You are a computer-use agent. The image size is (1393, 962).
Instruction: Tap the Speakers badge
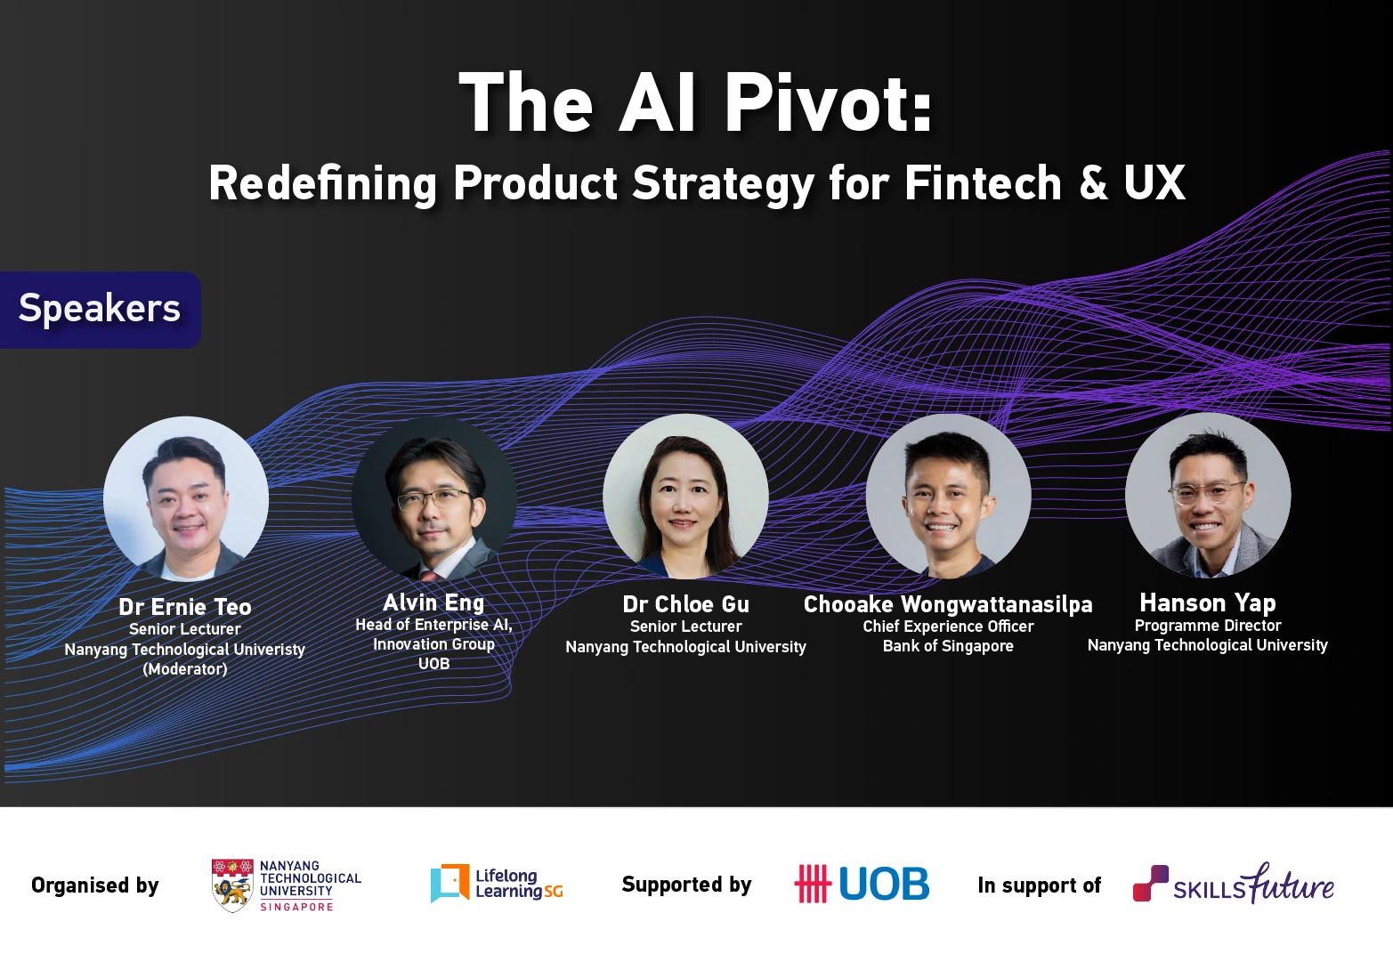point(100,309)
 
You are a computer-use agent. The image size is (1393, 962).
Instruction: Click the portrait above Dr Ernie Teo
point(186,498)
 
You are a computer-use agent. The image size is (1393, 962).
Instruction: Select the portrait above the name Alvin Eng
point(434,497)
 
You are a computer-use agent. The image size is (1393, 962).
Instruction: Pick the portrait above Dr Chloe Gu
point(685,497)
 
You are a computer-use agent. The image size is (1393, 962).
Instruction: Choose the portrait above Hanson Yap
point(1208,495)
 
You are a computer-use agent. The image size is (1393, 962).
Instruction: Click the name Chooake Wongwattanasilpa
point(948,604)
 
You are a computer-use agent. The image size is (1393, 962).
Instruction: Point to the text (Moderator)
point(185,669)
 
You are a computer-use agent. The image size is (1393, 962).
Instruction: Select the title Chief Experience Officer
point(948,627)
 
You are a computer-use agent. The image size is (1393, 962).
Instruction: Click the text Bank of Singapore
point(948,646)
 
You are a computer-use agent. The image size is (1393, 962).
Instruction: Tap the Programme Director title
point(1208,626)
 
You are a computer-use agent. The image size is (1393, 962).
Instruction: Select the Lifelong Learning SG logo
point(497,884)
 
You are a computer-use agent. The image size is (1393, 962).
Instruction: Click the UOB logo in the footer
point(862,884)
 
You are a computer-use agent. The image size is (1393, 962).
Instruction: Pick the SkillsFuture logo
point(1233,884)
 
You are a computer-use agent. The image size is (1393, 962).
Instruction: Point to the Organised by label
point(95,885)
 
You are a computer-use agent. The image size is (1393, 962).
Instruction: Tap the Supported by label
point(686,885)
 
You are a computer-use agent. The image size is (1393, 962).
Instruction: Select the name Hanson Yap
point(1208,603)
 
